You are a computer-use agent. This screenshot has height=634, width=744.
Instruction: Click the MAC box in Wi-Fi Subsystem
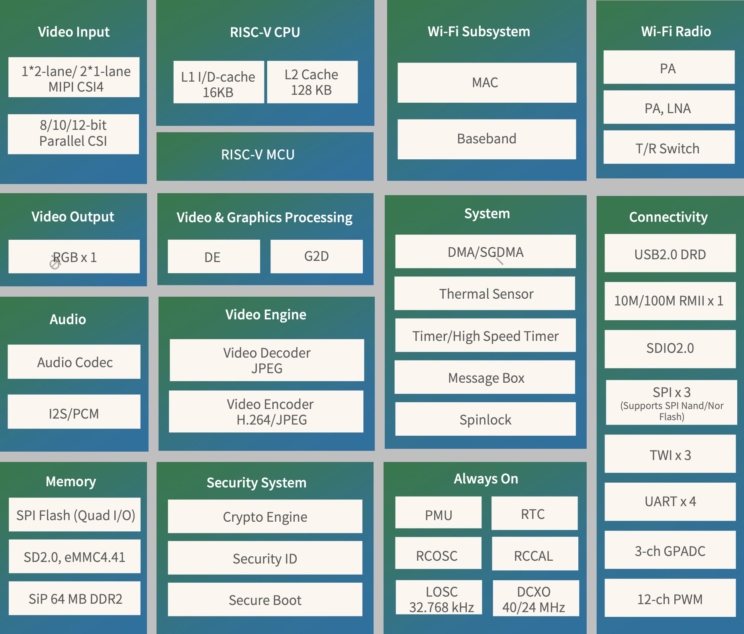point(487,82)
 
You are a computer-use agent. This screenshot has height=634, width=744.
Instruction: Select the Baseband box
point(487,139)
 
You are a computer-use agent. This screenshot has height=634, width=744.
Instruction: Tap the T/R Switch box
point(669,147)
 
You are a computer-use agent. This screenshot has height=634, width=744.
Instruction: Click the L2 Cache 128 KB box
point(312,82)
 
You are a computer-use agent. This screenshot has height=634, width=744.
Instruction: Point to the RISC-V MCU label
point(258,155)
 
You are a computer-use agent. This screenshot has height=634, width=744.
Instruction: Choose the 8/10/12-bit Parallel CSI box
point(73,134)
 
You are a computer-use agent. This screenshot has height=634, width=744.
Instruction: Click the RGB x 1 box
point(74,256)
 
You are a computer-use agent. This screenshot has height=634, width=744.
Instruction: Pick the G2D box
point(317,256)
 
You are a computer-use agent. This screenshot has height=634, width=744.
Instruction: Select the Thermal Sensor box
point(485,293)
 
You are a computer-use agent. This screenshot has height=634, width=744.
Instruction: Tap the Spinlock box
point(486,419)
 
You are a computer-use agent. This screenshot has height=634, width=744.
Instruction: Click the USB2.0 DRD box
point(670,253)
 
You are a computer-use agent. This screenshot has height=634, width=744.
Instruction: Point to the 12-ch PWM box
point(670,598)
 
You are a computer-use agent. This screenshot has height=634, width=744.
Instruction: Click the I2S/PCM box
point(74,411)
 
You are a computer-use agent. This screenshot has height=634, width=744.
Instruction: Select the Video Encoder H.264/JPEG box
point(266,411)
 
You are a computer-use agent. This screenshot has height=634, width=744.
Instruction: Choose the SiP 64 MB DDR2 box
point(74,598)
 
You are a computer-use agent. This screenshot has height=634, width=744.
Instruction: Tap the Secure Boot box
point(265,599)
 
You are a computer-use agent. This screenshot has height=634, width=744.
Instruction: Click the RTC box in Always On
point(535,513)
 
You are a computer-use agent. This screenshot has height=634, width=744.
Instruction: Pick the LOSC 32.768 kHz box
point(439,597)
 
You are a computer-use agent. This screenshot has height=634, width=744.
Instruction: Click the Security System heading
point(256,483)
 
